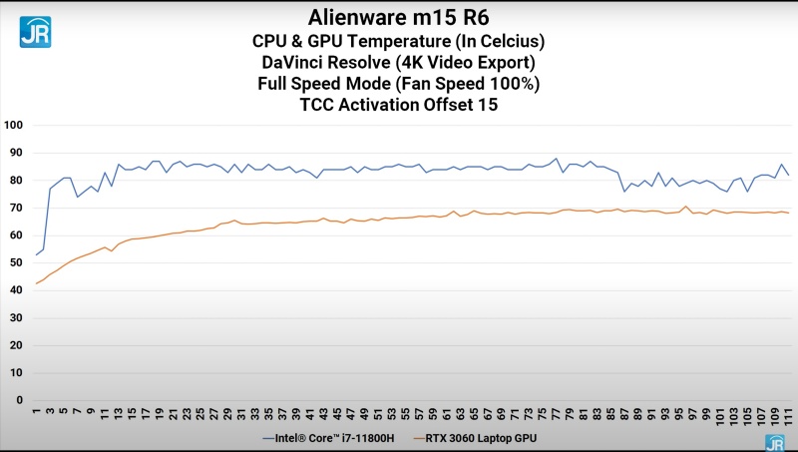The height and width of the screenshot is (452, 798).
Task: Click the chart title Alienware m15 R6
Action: pyautogui.click(x=400, y=17)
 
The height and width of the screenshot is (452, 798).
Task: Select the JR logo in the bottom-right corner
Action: pyautogui.click(x=774, y=442)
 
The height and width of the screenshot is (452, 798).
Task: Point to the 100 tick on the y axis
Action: pyautogui.click(x=13, y=126)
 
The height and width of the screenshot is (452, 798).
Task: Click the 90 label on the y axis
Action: pyautogui.click(x=15, y=154)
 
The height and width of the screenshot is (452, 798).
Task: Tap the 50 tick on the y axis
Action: pyautogui.click(x=15, y=263)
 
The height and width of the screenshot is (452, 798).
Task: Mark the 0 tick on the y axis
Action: pyautogui.click(x=19, y=400)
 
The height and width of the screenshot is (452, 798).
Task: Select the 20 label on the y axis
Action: pyautogui.click(x=15, y=345)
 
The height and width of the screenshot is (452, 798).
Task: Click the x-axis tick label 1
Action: pyautogui.click(x=37, y=411)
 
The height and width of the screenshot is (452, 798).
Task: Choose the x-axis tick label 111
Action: pyautogui.click(x=789, y=414)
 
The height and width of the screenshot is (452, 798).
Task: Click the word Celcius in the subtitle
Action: pyautogui.click(x=508, y=41)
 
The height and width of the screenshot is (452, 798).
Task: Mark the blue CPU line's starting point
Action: pyautogui.click(x=37, y=254)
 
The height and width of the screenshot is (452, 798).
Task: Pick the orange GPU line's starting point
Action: pyautogui.click(x=37, y=283)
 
